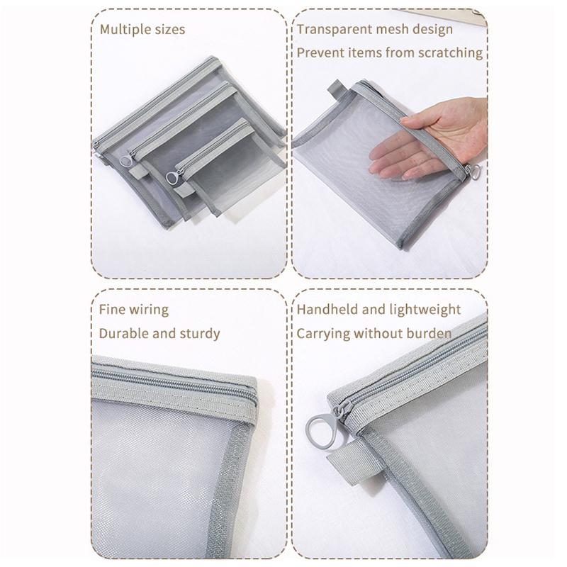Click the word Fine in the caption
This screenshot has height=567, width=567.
(111, 310)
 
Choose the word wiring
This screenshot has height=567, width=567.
(149, 310)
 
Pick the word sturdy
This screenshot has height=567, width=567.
(200, 333)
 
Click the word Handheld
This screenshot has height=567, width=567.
(329, 310)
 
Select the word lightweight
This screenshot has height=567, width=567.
(425, 310)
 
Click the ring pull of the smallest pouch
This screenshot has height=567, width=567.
(171, 177)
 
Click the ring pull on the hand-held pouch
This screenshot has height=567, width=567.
(475, 172)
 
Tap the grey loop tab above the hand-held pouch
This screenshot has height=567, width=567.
(336, 91)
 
